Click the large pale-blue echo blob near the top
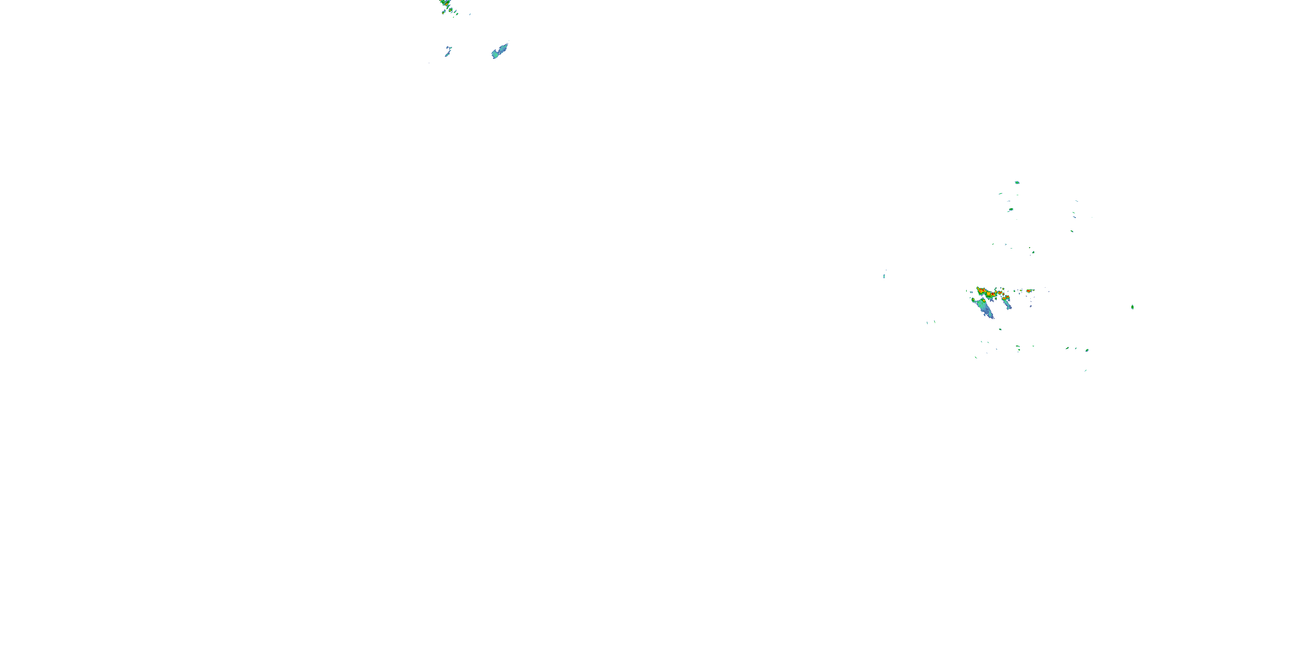[x=500, y=51]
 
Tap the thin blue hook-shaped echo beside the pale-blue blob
[x=448, y=51]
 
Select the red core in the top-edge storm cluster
[x=444, y=4]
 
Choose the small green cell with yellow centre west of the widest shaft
[x=973, y=299]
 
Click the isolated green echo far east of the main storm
[x=1132, y=307]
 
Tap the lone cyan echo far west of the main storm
[x=884, y=276]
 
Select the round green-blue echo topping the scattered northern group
[x=1017, y=182]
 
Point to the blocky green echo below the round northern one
[x=1011, y=209]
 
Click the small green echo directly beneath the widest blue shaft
[x=1000, y=329]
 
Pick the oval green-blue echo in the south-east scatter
[x=1087, y=350]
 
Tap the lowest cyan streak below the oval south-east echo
[x=1085, y=371]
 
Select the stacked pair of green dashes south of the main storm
[x=1018, y=347]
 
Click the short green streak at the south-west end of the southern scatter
[x=976, y=358]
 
